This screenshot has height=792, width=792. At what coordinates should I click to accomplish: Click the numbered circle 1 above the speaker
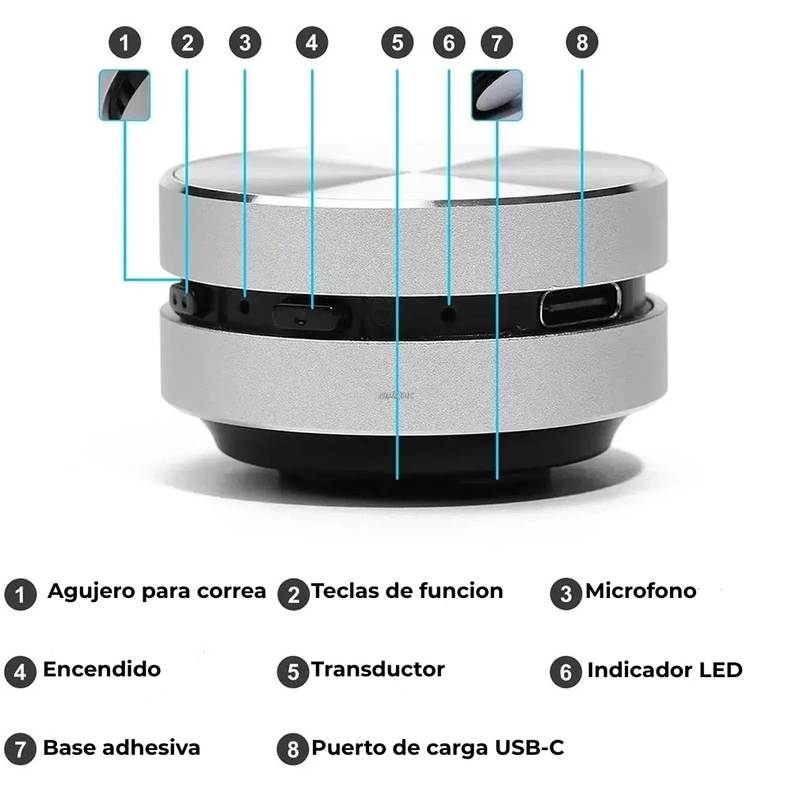(125, 43)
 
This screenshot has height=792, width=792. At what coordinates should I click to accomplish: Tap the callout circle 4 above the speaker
(311, 43)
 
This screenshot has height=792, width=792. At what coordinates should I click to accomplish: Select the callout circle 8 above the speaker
(582, 43)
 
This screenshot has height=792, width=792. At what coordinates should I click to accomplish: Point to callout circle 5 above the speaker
(398, 43)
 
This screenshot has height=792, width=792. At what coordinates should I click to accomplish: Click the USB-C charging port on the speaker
(581, 305)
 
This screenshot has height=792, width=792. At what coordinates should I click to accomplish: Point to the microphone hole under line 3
(246, 306)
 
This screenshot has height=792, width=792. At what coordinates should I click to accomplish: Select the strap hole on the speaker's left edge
(182, 302)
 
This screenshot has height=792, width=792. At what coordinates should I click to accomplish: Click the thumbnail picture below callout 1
(125, 96)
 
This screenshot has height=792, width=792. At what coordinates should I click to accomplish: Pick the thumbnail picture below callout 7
(497, 96)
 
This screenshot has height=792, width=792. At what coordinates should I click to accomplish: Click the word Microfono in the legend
(641, 591)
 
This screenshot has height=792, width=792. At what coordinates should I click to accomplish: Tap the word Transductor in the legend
(378, 669)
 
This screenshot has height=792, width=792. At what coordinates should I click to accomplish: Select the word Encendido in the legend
(102, 669)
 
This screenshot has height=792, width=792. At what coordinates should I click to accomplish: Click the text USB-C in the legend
(529, 748)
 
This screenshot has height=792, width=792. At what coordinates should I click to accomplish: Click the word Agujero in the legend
(91, 592)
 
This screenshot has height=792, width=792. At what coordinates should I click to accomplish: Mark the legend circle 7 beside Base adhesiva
(21, 749)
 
